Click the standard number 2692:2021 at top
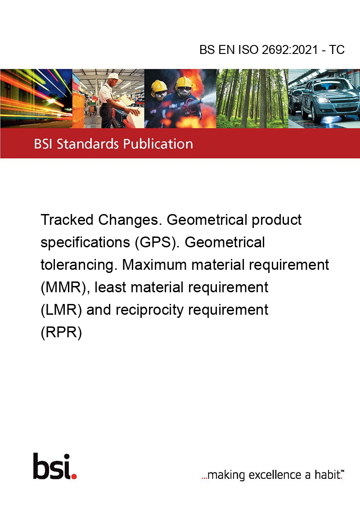click(x=290, y=50)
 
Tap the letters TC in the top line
click(x=337, y=50)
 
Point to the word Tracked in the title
click(x=67, y=220)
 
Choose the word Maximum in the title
click(x=155, y=265)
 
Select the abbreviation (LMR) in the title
click(x=61, y=310)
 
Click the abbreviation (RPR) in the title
click(x=61, y=333)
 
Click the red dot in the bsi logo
click(x=74, y=476)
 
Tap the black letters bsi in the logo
click(x=52, y=466)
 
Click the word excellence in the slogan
click(x=275, y=475)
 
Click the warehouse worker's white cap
click(x=113, y=76)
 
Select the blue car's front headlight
click(x=324, y=100)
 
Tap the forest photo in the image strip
click(x=252, y=98)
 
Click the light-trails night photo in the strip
click(x=36, y=98)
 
